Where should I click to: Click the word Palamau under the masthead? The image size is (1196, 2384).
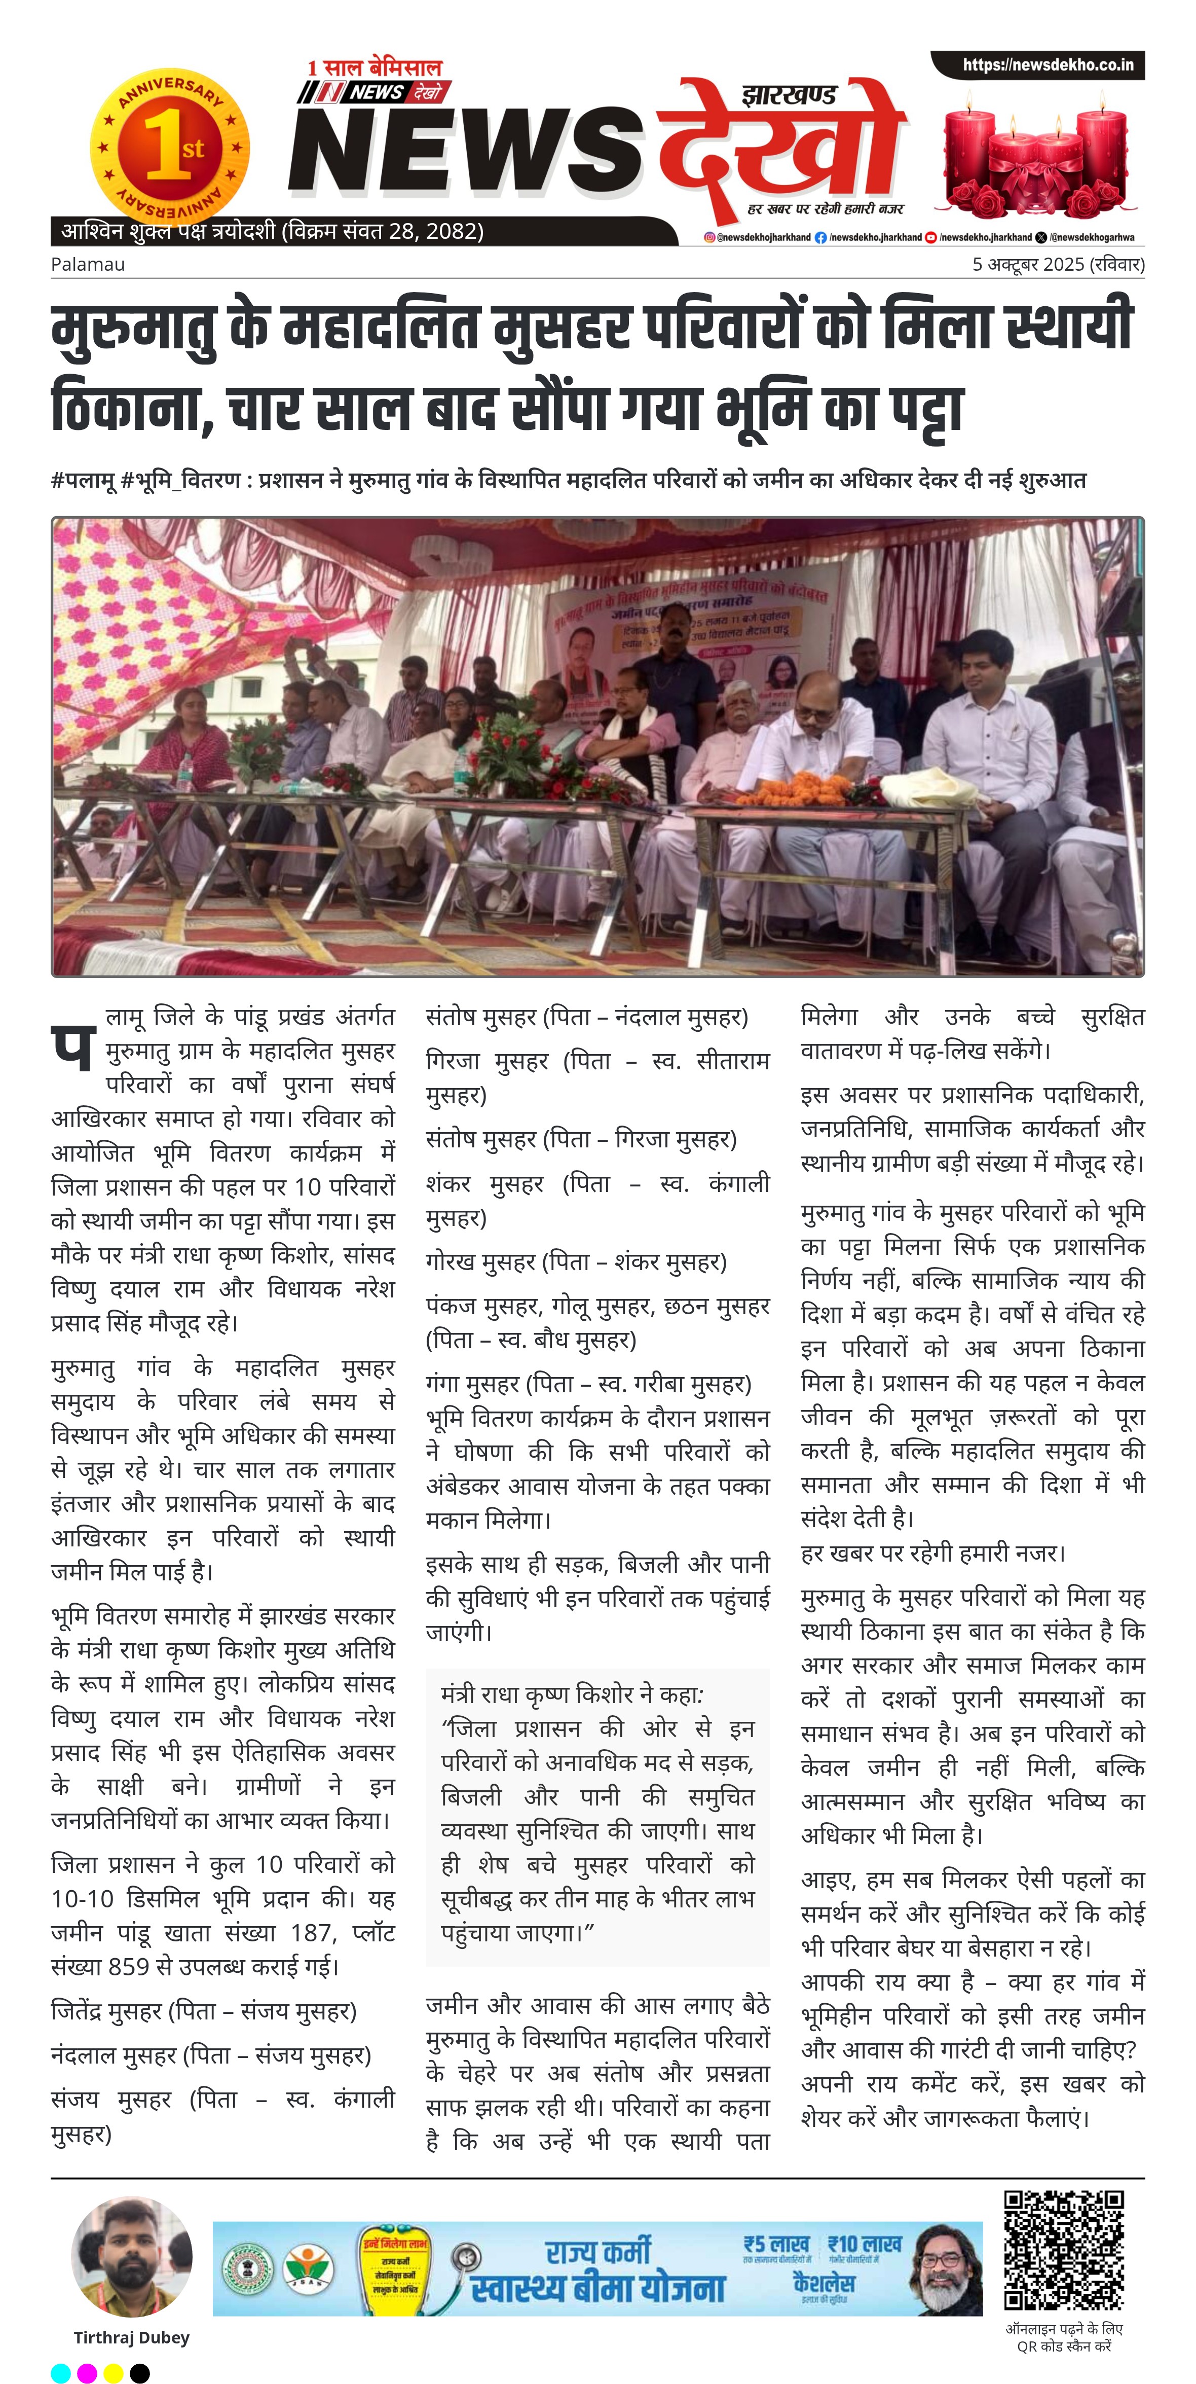point(88,265)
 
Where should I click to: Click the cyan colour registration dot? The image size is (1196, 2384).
point(60,2372)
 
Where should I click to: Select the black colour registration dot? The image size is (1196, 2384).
point(140,2372)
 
